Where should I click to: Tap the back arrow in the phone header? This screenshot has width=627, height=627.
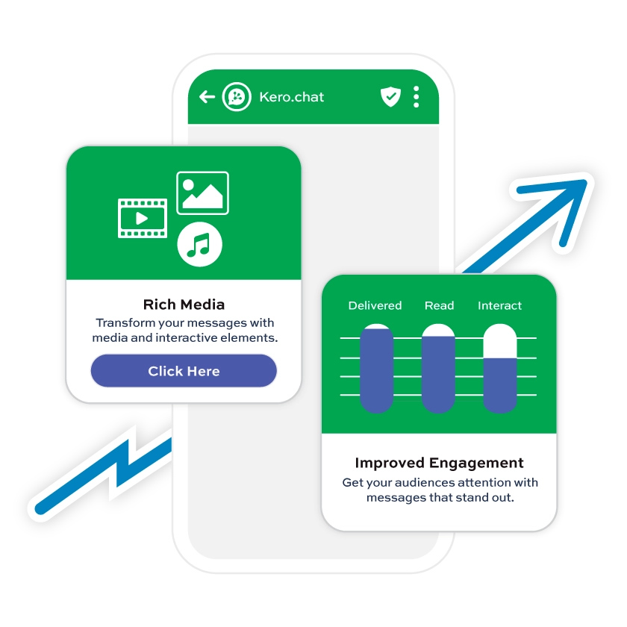pyautogui.click(x=208, y=97)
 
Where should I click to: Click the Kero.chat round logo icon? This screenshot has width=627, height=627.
pyautogui.click(x=237, y=97)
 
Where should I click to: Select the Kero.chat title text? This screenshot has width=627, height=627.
pyautogui.click(x=291, y=97)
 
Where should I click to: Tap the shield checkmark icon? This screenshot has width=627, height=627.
pyautogui.click(x=390, y=96)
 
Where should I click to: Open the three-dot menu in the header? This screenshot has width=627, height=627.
pyautogui.click(x=416, y=97)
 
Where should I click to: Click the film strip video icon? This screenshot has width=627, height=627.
pyautogui.click(x=143, y=218)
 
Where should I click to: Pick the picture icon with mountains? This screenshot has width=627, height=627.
pyautogui.click(x=202, y=193)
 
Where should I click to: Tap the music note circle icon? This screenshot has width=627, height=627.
pyautogui.click(x=199, y=243)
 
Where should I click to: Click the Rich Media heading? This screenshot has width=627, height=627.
pyautogui.click(x=184, y=305)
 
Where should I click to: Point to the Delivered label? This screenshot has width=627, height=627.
pyautogui.click(x=375, y=305)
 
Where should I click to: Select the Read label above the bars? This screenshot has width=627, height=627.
pyautogui.click(x=439, y=305)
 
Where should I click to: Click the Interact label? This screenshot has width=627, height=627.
pyautogui.click(x=499, y=305)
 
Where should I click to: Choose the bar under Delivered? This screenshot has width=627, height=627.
pyautogui.click(x=376, y=369)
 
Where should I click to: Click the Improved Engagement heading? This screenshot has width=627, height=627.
pyautogui.click(x=439, y=463)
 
